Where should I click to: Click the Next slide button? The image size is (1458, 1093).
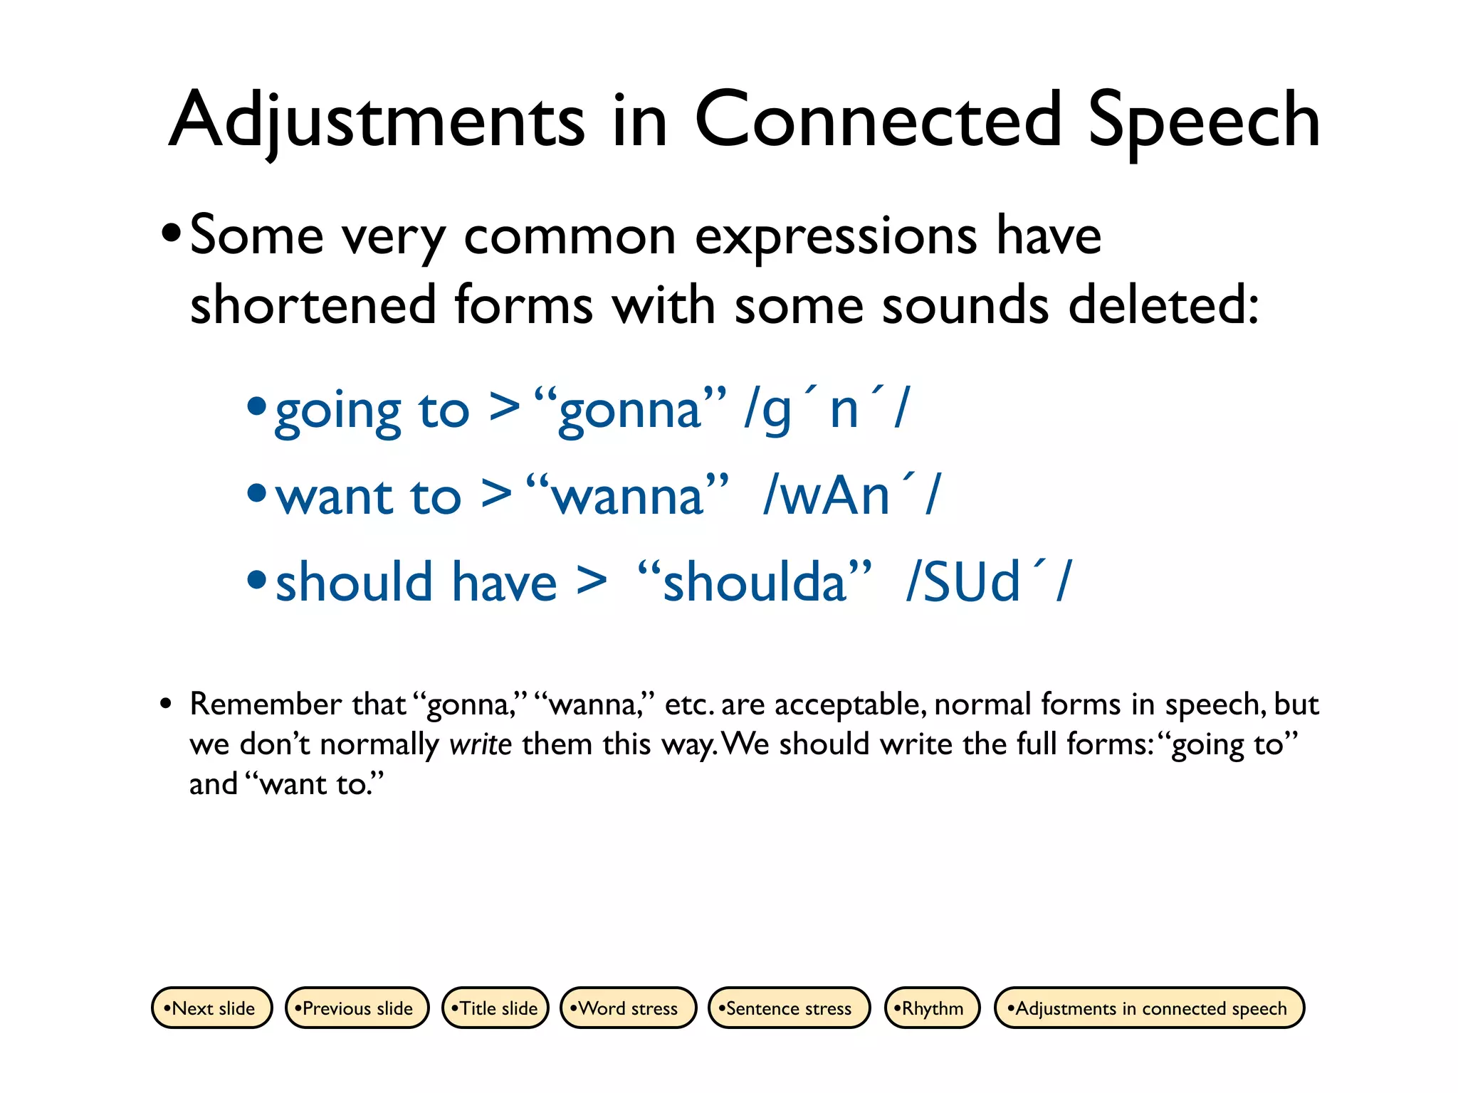pos(211,1008)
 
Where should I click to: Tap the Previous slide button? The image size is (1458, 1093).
pos(357,1008)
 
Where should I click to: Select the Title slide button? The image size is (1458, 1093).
pos(495,1008)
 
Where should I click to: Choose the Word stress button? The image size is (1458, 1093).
pos(628,1008)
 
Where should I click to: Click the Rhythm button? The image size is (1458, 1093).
pos(932,1008)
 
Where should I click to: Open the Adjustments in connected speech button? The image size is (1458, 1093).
pos(1149,1008)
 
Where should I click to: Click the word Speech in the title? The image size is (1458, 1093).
pos(1203,121)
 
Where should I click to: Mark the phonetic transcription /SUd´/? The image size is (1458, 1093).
pos(989,582)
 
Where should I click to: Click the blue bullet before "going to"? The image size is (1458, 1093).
pos(256,406)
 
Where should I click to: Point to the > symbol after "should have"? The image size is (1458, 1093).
pos(592,581)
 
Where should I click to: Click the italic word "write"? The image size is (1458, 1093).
pos(481,745)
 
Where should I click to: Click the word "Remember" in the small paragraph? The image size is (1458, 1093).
pos(266,704)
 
